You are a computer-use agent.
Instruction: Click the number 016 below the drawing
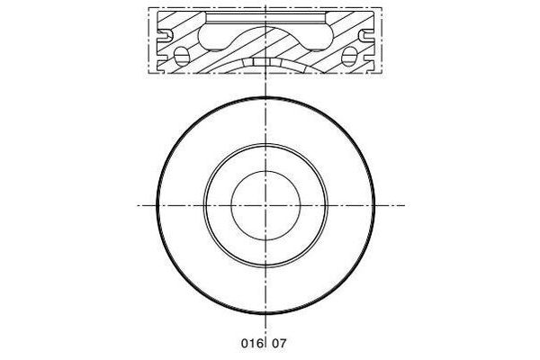pos(250,343)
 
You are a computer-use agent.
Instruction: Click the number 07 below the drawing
pos(281,343)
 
